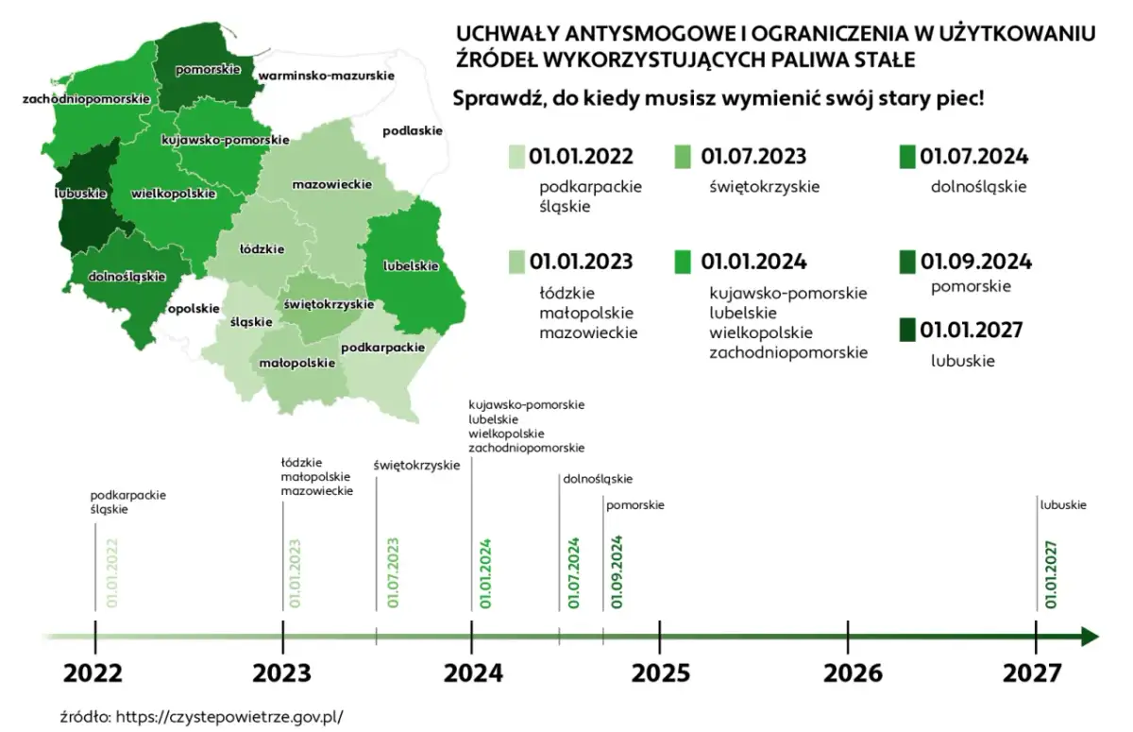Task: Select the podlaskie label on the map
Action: coord(413,131)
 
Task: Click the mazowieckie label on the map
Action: coord(331,183)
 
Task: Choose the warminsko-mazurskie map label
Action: coord(327,75)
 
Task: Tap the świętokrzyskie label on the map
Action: coord(329,304)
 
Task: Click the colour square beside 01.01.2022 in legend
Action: coord(516,157)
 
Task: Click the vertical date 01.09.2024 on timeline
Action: coord(617,572)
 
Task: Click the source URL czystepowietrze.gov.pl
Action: coord(228,716)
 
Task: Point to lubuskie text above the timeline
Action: coord(1063,505)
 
